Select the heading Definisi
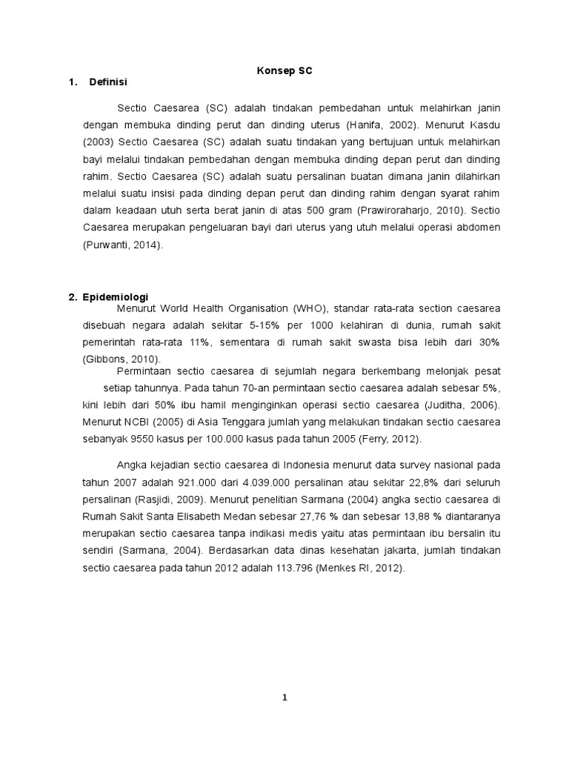click(x=108, y=82)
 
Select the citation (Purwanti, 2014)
click(x=121, y=245)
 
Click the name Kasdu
click(x=484, y=125)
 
